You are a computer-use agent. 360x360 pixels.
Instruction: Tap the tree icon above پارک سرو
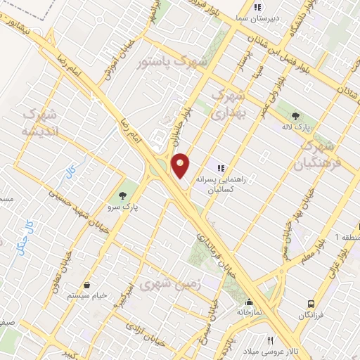coord(124,193)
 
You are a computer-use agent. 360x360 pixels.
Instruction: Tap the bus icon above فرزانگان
coord(310,304)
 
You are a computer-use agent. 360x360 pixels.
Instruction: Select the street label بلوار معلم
coord(302,249)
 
